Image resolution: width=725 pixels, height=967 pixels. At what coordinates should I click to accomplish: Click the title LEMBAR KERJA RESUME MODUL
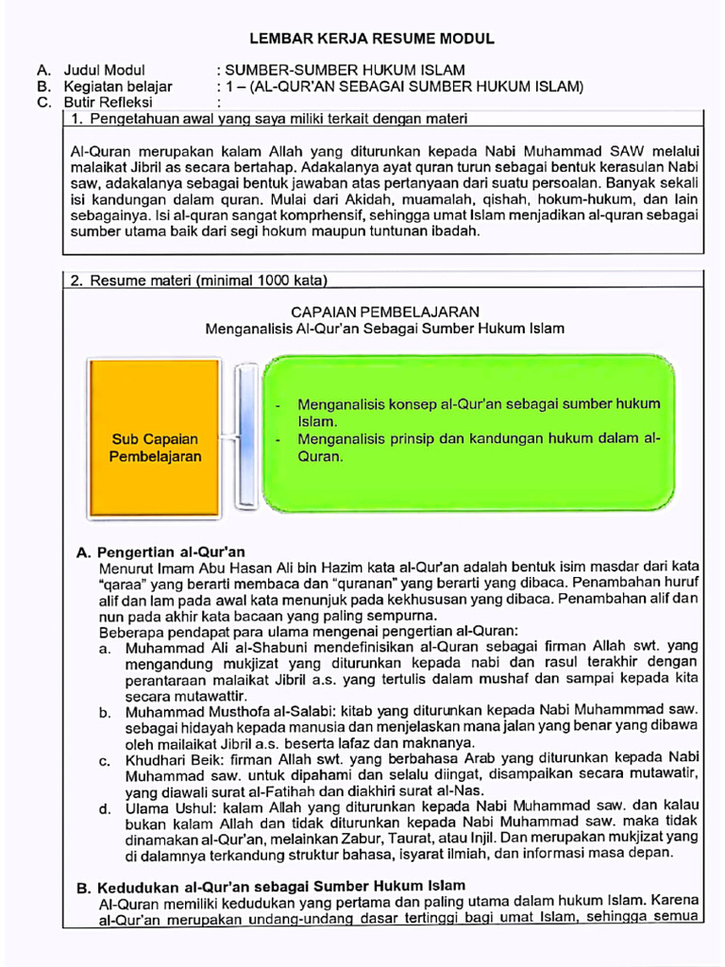tap(371, 39)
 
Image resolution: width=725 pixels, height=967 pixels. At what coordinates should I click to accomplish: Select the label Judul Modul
tap(104, 71)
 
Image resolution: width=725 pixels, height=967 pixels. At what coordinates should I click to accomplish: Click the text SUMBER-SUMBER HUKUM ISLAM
tap(344, 71)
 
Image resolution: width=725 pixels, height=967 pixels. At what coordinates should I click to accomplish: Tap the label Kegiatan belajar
tap(118, 87)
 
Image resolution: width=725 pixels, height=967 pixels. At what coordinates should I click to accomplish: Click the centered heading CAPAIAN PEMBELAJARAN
tap(384, 312)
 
